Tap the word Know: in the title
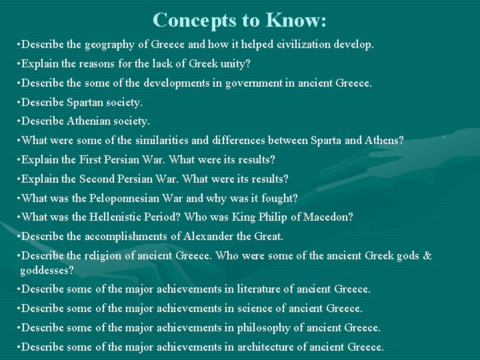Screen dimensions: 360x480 coord(295,20)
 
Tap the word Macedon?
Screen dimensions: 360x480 coord(329,217)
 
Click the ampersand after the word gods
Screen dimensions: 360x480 coord(427,256)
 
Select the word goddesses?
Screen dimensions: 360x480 coord(47,271)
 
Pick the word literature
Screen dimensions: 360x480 coord(261,289)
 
